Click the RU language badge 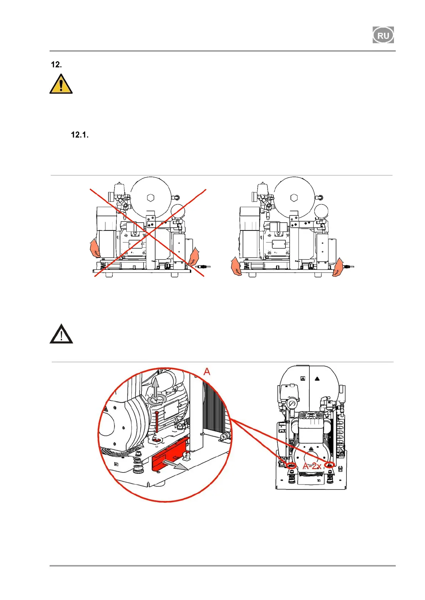pyautogui.click(x=383, y=35)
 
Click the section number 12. pyautogui.click(x=56, y=64)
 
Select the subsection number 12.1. pyautogui.click(x=79, y=135)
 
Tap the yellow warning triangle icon pyautogui.click(x=61, y=84)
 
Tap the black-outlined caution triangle pyautogui.click(x=61, y=334)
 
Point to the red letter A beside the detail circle pyautogui.click(x=207, y=372)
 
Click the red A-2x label pyautogui.click(x=312, y=466)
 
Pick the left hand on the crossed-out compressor pyautogui.click(x=95, y=248)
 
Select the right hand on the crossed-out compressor pyautogui.click(x=194, y=257)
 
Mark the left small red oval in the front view pyautogui.click(x=292, y=465)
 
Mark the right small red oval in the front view pyautogui.click(x=330, y=465)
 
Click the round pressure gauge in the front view pyautogui.click(x=292, y=404)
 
